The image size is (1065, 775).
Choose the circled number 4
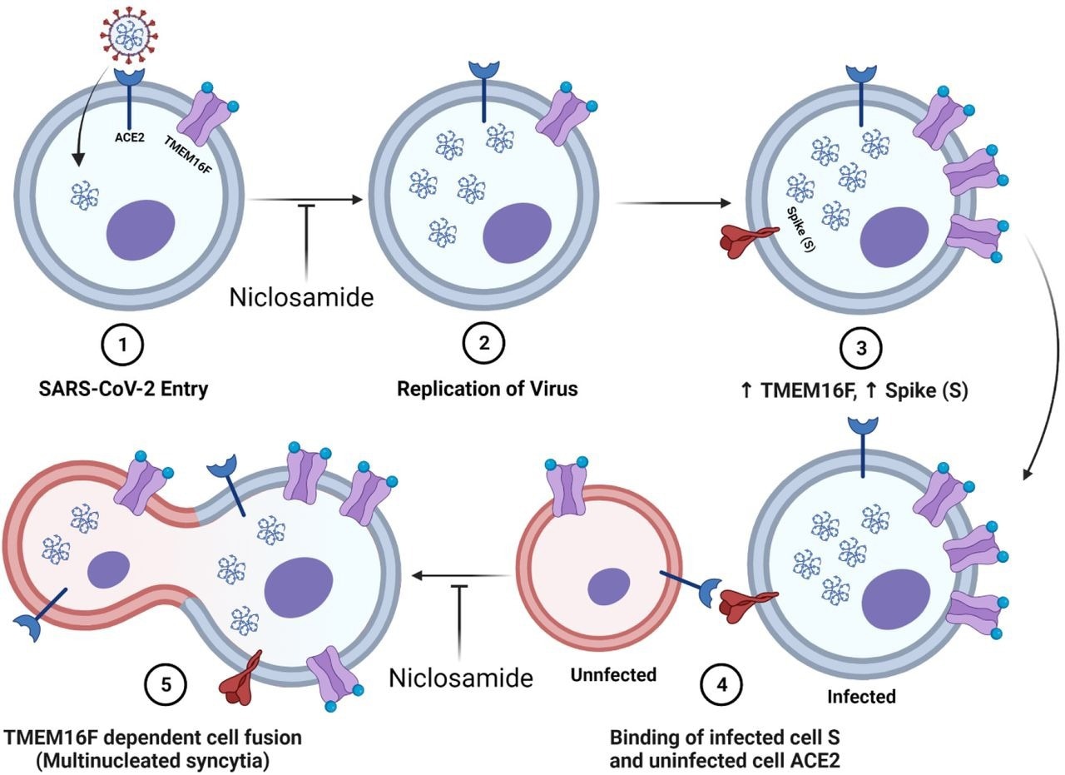tap(720, 684)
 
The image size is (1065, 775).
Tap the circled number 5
tap(166, 684)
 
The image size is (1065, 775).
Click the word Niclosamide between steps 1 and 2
tap(302, 296)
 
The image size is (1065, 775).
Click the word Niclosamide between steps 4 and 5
tap(461, 678)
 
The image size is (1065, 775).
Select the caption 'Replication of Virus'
tap(487, 389)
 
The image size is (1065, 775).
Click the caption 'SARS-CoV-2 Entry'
tap(123, 389)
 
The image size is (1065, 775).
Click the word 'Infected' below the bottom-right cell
tap(861, 696)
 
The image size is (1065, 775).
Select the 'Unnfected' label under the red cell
tap(613, 674)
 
